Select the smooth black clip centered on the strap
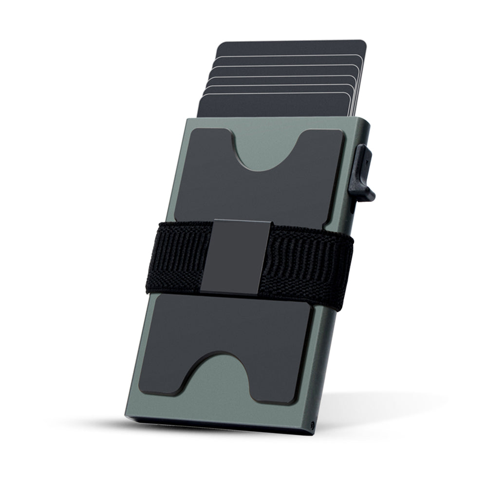236,257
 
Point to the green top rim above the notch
268,124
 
